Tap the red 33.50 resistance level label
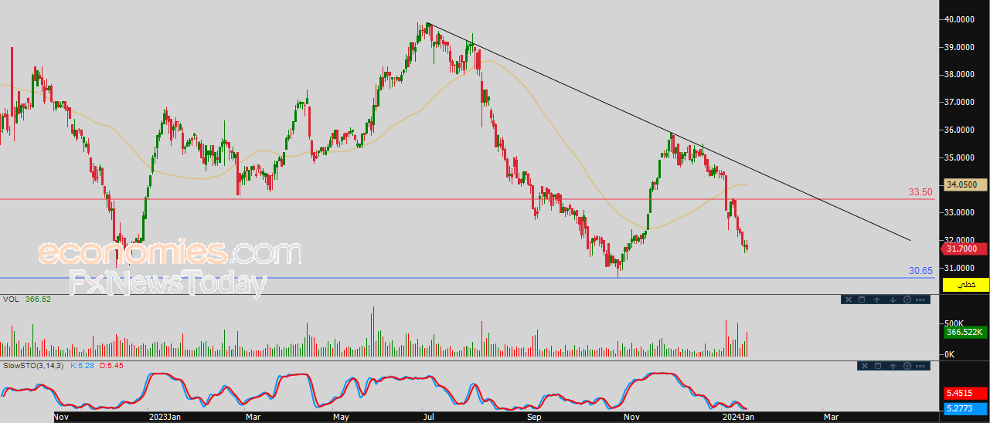coord(920,192)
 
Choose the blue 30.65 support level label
coord(920,271)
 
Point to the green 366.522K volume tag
coord(965,332)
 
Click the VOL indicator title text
coord(11,299)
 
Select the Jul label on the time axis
coord(427,417)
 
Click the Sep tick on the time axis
coord(534,417)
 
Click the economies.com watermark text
coord(170,252)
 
